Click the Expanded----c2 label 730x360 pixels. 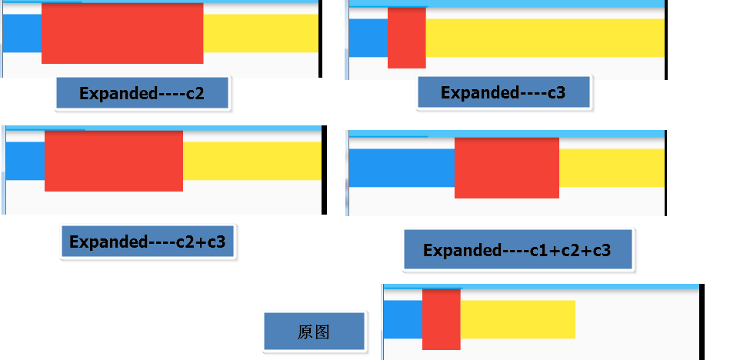pyautogui.click(x=142, y=94)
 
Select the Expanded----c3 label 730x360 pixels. pyautogui.click(x=503, y=93)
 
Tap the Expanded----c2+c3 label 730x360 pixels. pyautogui.click(x=148, y=242)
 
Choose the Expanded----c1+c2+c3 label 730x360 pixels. pyautogui.click(x=517, y=250)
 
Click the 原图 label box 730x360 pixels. pyautogui.click(x=314, y=332)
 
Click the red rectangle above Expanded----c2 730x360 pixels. pyautogui.click(x=122, y=33)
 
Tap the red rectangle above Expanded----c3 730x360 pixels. pyautogui.click(x=406, y=38)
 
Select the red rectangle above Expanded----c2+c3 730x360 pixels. pyautogui.click(x=114, y=161)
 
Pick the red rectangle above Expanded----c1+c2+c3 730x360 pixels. pyautogui.click(x=507, y=168)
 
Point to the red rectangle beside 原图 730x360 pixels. pyautogui.click(x=441, y=319)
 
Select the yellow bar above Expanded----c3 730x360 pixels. pyautogui.click(x=545, y=38)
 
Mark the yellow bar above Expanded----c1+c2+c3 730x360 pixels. pyautogui.click(x=612, y=168)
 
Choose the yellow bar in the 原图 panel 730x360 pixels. pyautogui.click(x=518, y=319)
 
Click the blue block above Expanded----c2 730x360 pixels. pyautogui.click(x=22, y=33)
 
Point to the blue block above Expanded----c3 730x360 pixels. pyautogui.click(x=368, y=38)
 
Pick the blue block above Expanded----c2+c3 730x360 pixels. pyautogui.click(x=25, y=161)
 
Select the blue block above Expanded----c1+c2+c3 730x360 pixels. pyautogui.click(x=401, y=168)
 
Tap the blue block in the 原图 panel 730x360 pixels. pyautogui.click(x=402, y=319)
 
